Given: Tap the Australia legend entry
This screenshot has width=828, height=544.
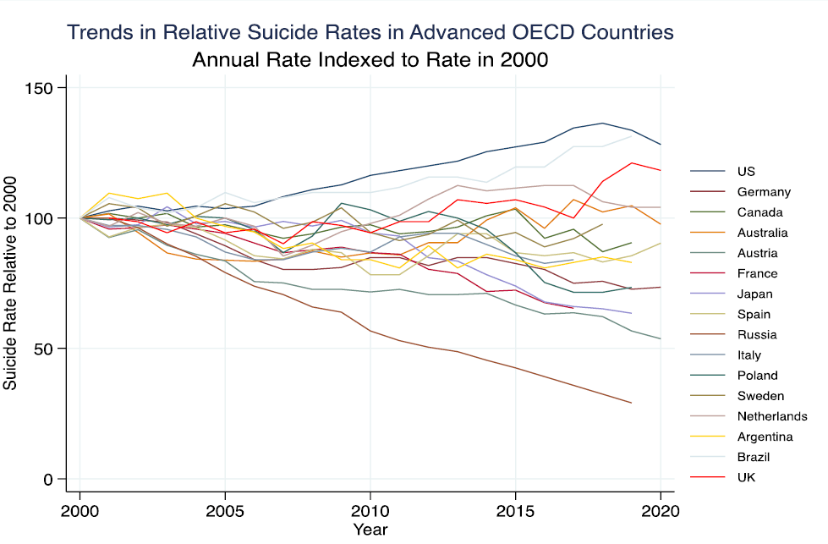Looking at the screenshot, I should tap(761, 233).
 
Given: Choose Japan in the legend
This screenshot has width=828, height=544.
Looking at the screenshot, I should tap(754, 294).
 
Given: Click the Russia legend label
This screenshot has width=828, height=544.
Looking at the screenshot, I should tap(755, 334).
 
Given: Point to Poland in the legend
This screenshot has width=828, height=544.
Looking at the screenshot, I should tap(756, 375).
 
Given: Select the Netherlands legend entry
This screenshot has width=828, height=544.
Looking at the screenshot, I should tap(770, 416).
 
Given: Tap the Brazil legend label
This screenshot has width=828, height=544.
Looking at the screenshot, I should tap(752, 457).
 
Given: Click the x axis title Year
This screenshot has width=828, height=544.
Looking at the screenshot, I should tap(370, 530).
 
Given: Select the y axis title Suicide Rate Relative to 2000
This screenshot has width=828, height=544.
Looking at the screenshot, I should tap(10, 283).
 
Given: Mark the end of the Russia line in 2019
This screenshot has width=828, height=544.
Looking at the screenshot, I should tap(631, 403).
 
